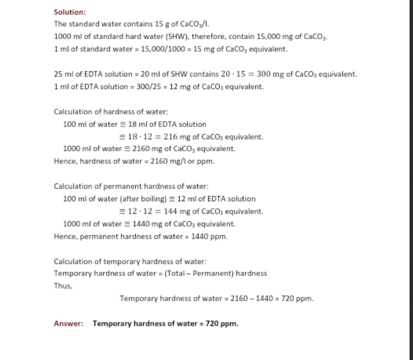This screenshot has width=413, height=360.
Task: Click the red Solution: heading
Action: (x=69, y=12)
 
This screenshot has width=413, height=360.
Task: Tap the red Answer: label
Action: (x=68, y=323)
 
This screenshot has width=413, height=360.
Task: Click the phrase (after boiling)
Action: (x=131, y=199)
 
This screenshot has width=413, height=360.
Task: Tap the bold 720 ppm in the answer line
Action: (x=221, y=323)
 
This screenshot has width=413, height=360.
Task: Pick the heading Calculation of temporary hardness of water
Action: (x=125, y=261)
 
